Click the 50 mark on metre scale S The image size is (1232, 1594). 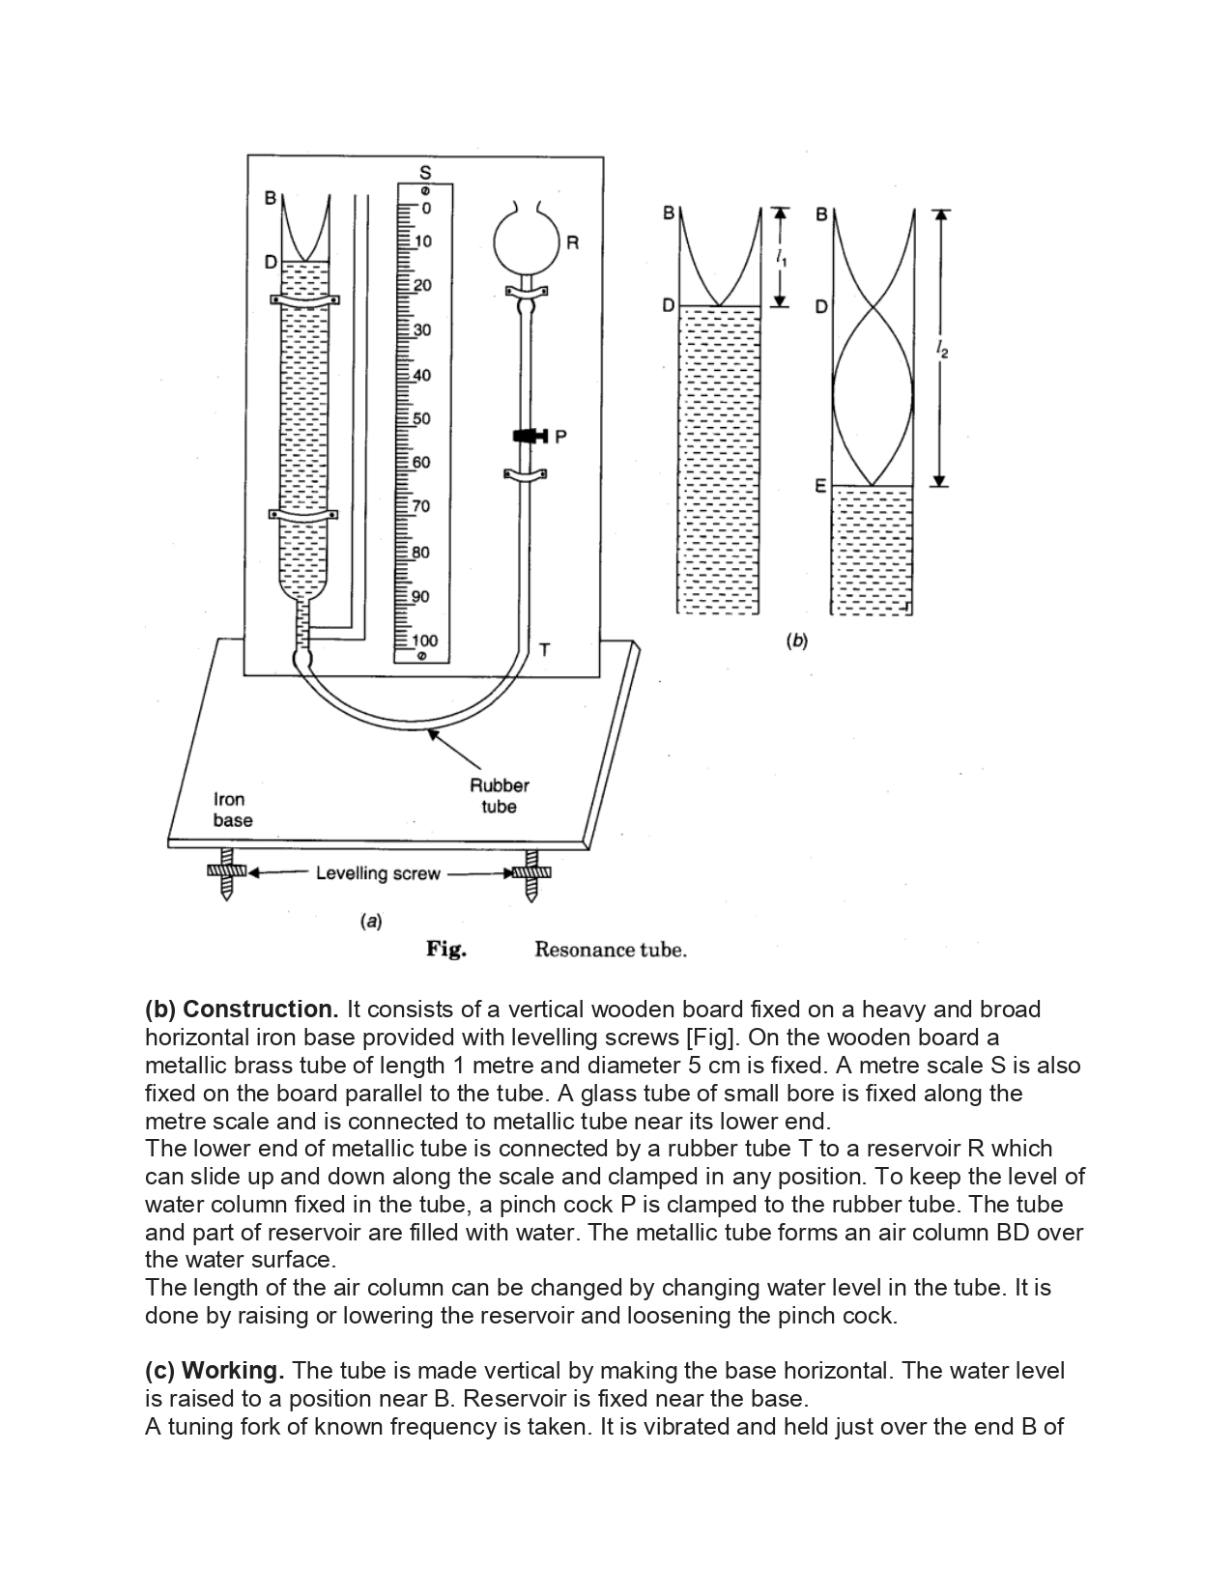(x=421, y=419)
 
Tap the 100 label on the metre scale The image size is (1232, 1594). (x=424, y=640)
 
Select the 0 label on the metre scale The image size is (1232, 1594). (x=425, y=209)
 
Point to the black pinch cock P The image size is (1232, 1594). (x=530, y=436)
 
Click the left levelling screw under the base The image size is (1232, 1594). (x=227, y=873)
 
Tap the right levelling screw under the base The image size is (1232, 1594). (x=531, y=873)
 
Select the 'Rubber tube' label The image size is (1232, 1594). (x=499, y=796)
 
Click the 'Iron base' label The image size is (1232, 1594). (x=233, y=810)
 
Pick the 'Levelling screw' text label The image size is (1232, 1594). (x=378, y=873)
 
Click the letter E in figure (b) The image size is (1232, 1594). (x=820, y=486)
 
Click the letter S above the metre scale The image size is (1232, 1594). (x=425, y=172)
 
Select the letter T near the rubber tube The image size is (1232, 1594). (x=544, y=650)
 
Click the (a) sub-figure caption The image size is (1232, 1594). (x=370, y=921)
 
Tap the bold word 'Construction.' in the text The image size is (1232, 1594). (x=261, y=1010)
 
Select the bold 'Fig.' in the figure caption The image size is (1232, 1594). (x=446, y=950)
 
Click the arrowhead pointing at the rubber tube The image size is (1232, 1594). (x=434, y=733)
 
